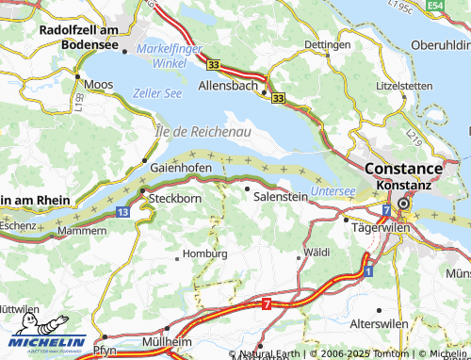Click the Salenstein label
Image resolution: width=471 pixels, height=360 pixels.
point(281,195)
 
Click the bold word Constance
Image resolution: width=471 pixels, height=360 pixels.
point(402,169)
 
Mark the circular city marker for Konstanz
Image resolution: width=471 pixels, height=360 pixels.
point(404,204)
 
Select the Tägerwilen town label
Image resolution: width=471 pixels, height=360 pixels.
point(377,228)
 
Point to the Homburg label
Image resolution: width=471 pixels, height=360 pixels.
point(204,253)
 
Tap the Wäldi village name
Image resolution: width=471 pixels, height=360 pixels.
point(317,253)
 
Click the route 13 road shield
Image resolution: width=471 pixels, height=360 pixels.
point(124,213)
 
